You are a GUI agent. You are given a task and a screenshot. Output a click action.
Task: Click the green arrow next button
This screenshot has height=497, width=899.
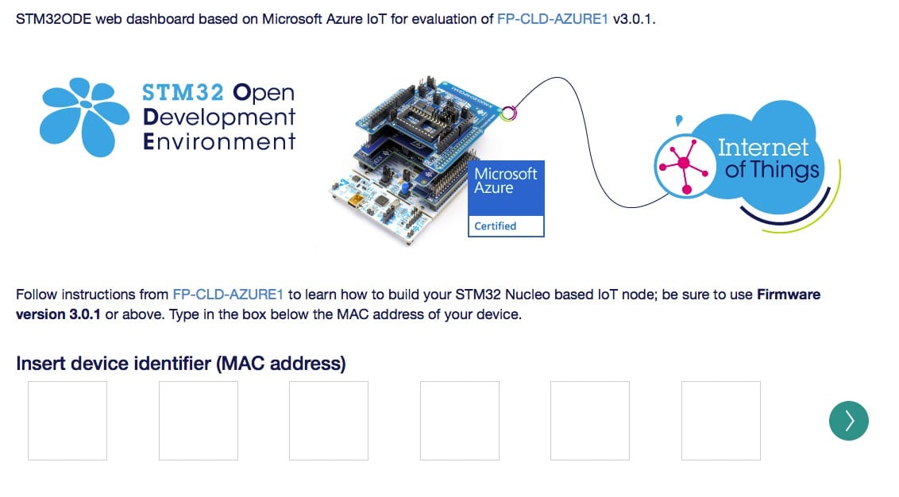tap(848, 420)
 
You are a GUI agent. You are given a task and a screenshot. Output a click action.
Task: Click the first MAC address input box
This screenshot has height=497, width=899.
tap(68, 420)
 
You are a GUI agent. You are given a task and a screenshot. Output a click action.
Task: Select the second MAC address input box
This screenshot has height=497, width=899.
tap(198, 420)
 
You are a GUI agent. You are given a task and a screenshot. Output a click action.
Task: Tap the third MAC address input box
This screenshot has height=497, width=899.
tap(328, 420)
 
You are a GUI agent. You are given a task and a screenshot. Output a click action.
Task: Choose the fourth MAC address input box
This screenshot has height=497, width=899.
tap(459, 420)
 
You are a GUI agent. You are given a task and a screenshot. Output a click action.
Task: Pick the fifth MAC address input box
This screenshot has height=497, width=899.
tap(589, 420)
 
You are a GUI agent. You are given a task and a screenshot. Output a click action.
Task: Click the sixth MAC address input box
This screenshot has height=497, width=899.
tap(720, 420)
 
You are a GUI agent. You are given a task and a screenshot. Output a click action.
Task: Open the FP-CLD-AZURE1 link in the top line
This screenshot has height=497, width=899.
tap(553, 18)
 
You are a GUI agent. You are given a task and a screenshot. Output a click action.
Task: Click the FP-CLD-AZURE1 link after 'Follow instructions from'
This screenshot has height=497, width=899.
tap(228, 295)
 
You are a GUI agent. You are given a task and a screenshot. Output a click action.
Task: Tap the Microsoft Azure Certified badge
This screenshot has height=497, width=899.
tap(506, 198)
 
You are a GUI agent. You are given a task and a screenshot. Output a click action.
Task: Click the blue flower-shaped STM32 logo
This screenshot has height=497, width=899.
tap(83, 118)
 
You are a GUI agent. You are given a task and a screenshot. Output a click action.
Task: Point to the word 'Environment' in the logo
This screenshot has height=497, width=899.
tap(219, 143)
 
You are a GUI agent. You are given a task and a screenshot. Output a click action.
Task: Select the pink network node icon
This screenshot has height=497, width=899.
tap(682, 164)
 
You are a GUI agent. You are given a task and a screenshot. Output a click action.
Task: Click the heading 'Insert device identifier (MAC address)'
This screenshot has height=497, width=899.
tap(181, 364)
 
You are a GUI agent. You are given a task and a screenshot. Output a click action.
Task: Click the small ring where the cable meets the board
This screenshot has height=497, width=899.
tap(508, 114)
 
